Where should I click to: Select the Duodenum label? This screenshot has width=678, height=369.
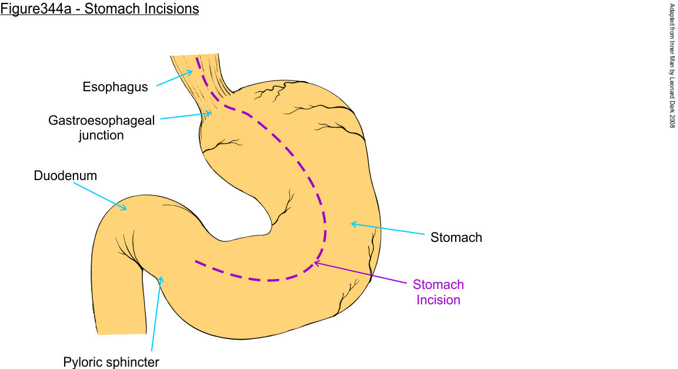(65, 175)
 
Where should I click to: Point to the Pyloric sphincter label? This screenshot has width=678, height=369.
(111, 362)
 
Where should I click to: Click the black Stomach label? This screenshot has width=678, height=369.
(456, 238)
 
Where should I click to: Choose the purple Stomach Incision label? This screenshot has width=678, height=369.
(438, 292)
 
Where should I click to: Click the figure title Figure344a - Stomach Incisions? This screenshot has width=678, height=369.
(99, 9)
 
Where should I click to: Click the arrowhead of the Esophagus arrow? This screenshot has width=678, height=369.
(192, 72)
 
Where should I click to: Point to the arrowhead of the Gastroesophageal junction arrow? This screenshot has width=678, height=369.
(211, 112)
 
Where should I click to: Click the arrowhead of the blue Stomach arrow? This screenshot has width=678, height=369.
(352, 223)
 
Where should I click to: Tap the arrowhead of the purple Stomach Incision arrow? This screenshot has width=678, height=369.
(315, 262)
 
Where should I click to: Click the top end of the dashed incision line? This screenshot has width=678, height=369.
(198, 58)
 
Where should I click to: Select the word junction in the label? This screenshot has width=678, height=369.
(101, 135)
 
